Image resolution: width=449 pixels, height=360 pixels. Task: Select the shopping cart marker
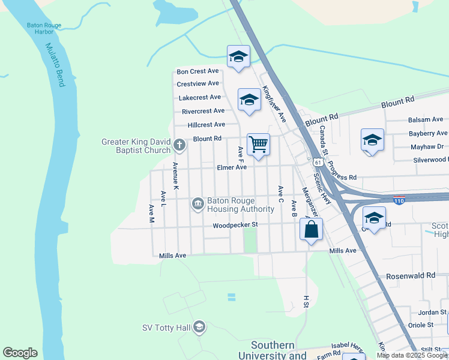258,144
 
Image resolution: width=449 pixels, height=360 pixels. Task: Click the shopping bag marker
311,229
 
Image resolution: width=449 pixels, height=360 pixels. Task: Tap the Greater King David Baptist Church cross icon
179,145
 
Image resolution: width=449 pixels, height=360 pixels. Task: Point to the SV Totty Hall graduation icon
200,327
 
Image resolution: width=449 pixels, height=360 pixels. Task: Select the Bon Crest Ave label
197,71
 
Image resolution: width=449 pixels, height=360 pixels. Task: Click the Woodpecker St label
235,225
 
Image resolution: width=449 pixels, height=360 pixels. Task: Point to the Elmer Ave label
232,167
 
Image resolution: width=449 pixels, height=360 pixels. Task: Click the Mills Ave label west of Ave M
172,256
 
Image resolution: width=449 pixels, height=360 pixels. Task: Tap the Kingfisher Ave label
274,104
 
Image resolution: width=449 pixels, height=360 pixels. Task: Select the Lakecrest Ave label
199,97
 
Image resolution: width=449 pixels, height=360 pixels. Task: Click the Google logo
20,353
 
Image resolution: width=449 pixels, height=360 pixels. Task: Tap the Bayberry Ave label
427,133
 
